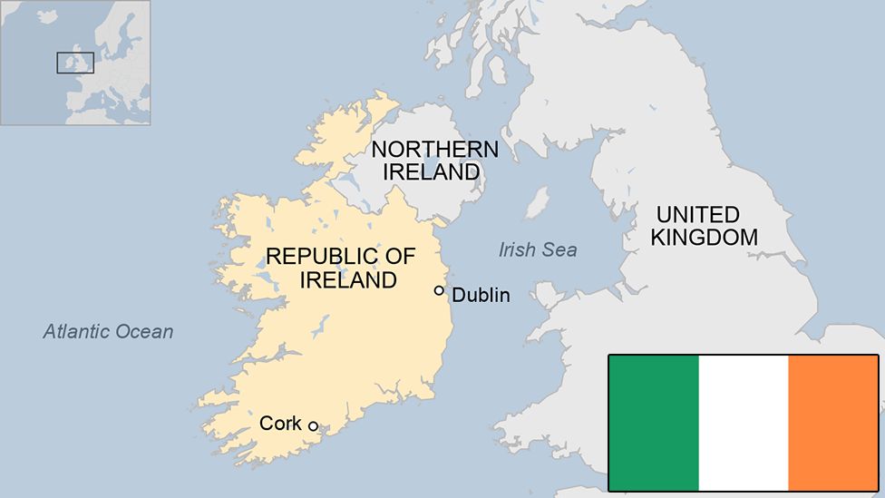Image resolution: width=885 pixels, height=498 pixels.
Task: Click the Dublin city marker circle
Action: [439, 291]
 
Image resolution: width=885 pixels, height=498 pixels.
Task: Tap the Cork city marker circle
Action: [313, 426]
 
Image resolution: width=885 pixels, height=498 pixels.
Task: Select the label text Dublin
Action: [481, 295]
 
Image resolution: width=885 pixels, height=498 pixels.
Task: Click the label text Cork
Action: [280, 423]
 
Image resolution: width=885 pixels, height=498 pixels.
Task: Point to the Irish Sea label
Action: [538, 249]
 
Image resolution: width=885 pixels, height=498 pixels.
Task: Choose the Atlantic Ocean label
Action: [108, 331]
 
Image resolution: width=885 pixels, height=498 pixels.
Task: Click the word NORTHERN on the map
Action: [434, 150]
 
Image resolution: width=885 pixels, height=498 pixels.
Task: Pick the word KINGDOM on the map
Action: [704, 238]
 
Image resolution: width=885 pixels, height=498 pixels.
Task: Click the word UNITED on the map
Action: [698, 215]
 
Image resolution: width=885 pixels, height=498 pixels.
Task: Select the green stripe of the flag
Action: [654, 423]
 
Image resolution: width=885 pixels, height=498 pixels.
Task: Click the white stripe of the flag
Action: [744, 423]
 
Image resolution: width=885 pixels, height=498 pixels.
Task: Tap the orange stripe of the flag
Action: [832, 423]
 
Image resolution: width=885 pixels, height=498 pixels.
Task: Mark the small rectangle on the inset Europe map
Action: [75, 63]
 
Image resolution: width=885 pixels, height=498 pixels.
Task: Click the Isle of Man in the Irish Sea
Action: [538, 203]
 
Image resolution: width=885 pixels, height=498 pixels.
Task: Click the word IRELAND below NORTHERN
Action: [431, 171]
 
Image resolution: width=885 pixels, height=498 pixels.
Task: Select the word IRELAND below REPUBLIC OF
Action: [348, 280]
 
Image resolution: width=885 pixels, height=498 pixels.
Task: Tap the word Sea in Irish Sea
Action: [560, 249]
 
